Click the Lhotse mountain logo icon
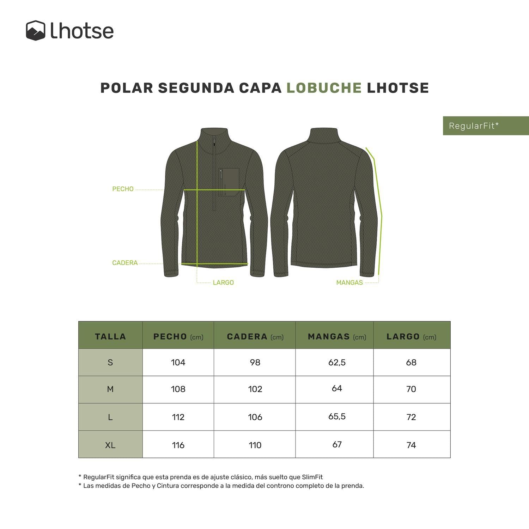pyautogui.click(x=36, y=31)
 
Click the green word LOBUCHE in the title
pyautogui.click(x=324, y=88)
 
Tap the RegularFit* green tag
pyautogui.click(x=474, y=126)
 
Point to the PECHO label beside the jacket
pyautogui.click(x=123, y=189)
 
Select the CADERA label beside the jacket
pyautogui.click(x=125, y=263)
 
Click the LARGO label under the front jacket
pyautogui.click(x=223, y=282)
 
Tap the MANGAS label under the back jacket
pyautogui.click(x=349, y=282)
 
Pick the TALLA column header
pyautogui.click(x=110, y=336)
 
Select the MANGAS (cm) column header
pyautogui.click(x=336, y=337)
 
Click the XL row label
pyautogui.click(x=110, y=445)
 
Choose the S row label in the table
pyautogui.click(x=110, y=363)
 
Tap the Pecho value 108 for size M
pyautogui.click(x=178, y=389)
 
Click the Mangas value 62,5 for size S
pyautogui.click(x=337, y=362)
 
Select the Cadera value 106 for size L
pyautogui.click(x=255, y=417)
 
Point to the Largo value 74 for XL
pyautogui.click(x=411, y=445)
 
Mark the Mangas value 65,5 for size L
pyautogui.click(x=337, y=416)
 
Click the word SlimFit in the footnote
pyautogui.click(x=312, y=477)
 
